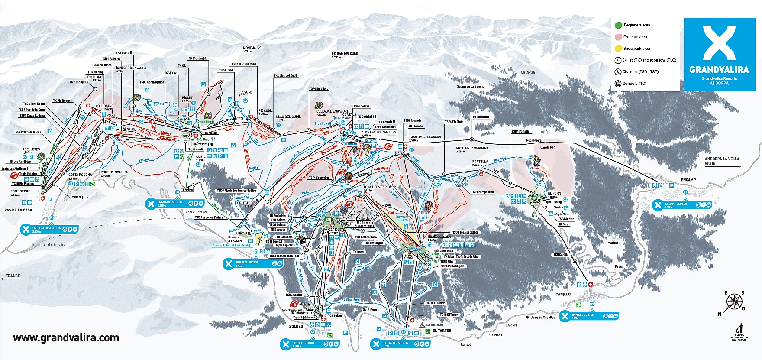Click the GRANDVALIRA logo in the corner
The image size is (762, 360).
pos(719,54)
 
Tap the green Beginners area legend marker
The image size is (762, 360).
pos(618,25)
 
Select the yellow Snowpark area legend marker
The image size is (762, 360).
pos(618,49)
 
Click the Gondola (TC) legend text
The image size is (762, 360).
pos(634,84)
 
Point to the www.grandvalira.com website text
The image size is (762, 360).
pos(66,338)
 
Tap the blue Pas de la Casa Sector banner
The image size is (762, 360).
pos(50,229)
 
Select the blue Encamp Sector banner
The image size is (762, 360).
pos(682,205)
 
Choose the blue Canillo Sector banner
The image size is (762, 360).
pos(589,316)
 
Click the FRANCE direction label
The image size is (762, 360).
pos(13,276)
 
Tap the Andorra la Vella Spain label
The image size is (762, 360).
pos(722,161)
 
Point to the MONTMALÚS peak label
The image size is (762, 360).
pos(252,49)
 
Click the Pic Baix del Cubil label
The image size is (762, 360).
pos(345,55)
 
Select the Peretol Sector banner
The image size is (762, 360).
pos(253,263)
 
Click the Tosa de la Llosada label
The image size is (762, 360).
pos(425,138)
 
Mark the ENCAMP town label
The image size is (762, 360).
pos(688,180)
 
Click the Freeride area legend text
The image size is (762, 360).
pos(635,37)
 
